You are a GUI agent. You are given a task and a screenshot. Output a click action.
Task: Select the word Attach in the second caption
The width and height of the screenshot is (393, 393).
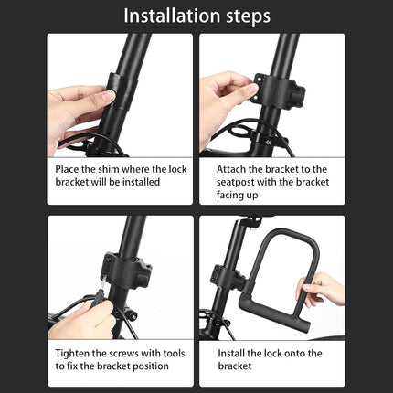[235, 169]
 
